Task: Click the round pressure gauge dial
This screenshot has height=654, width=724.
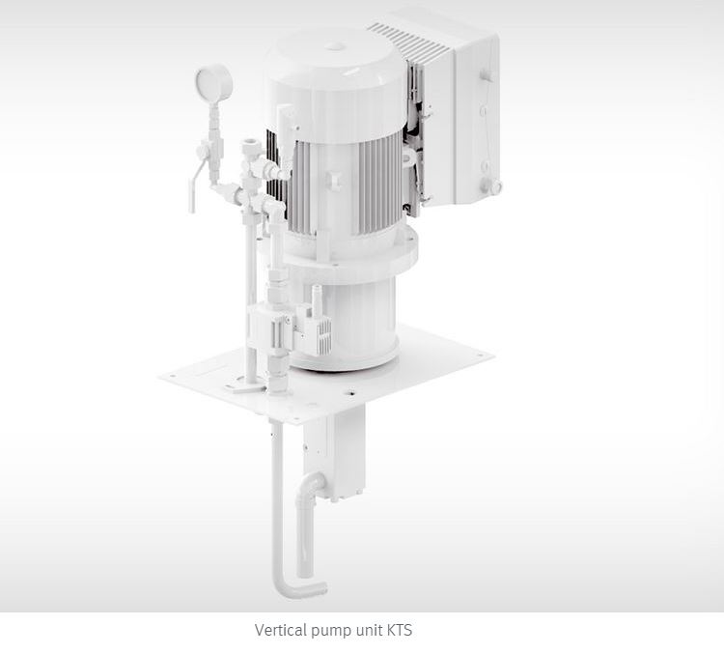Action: [x=213, y=83]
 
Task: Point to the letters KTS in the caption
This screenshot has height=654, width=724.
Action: [x=399, y=630]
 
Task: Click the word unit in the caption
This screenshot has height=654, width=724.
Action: [x=369, y=630]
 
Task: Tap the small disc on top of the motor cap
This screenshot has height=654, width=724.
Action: [x=335, y=46]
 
